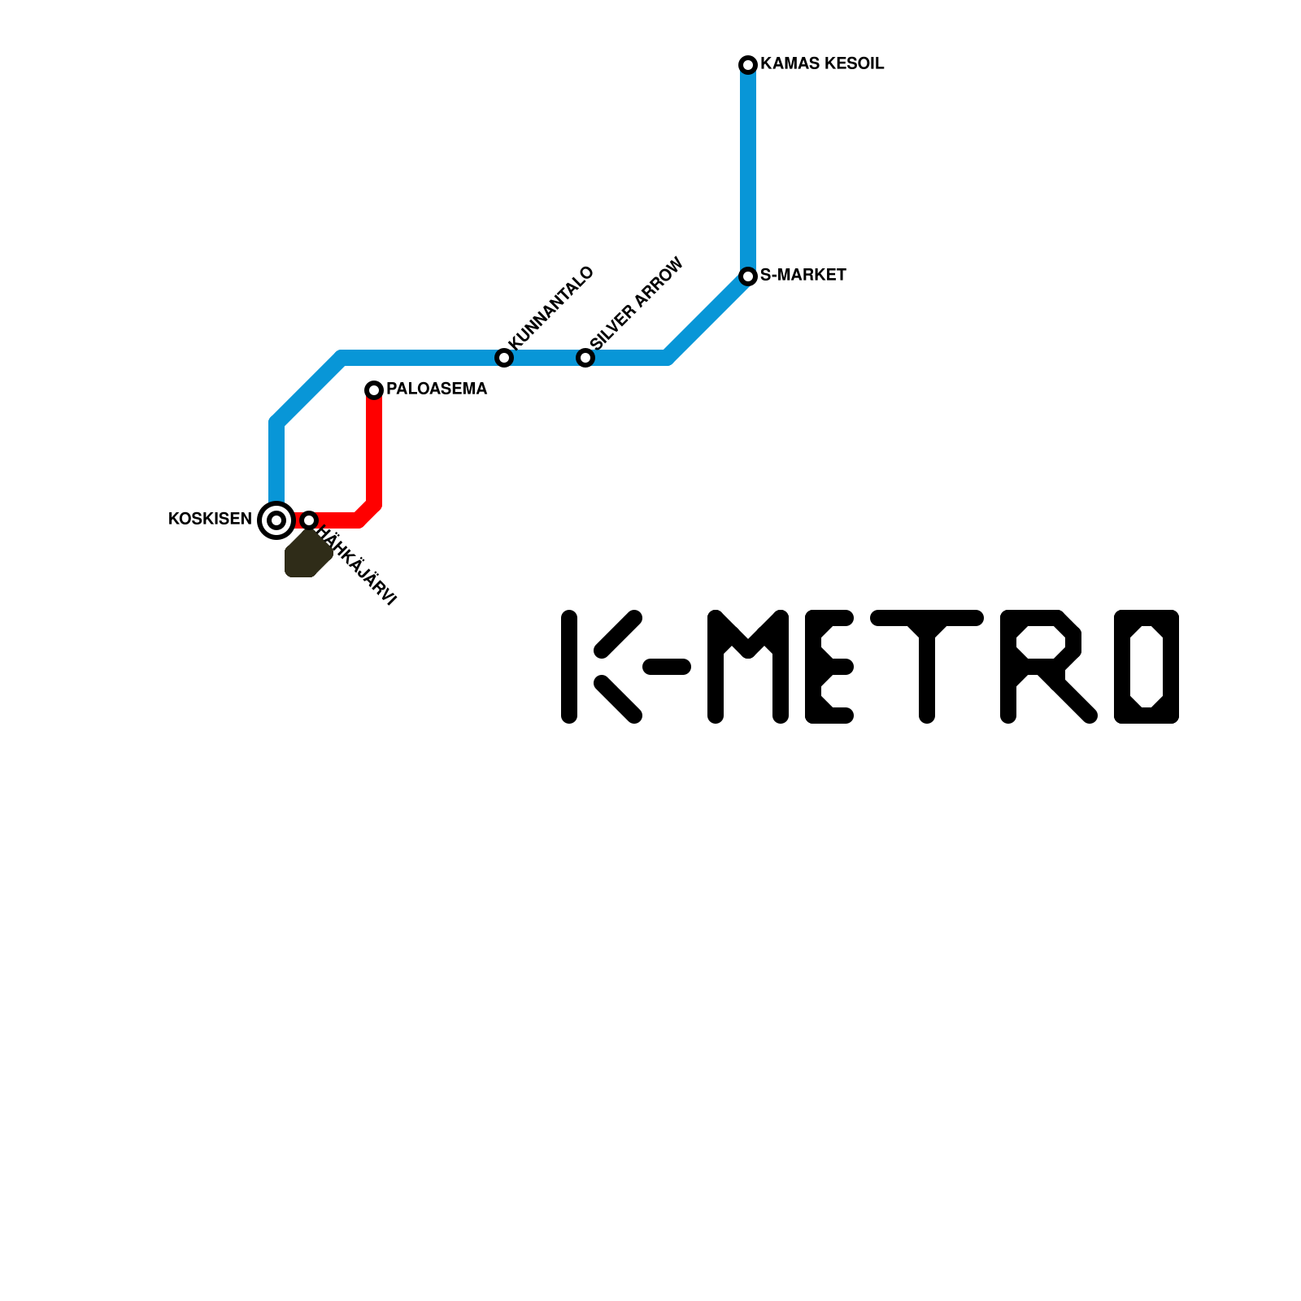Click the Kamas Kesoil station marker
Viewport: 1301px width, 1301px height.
(748, 64)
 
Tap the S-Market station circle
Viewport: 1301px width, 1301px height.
(748, 276)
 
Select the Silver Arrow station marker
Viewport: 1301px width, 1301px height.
(585, 358)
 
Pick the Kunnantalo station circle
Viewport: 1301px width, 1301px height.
(504, 358)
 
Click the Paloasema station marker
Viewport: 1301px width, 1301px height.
(374, 390)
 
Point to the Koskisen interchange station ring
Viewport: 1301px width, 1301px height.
(276, 520)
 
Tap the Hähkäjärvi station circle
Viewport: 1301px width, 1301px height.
(309, 520)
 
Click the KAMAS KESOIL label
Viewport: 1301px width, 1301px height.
(822, 64)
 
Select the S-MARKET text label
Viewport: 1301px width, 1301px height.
(803, 276)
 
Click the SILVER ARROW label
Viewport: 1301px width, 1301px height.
(637, 304)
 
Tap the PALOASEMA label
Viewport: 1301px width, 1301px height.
(437, 389)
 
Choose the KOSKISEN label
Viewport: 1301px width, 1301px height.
(210, 520)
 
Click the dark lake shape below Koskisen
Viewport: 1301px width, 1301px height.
(306, 557)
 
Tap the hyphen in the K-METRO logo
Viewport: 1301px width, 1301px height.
(667, 668)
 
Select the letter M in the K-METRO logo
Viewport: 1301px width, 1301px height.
(748, 667)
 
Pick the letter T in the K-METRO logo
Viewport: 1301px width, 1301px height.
(927, 667)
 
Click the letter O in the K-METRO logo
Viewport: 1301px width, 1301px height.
(1147, 667)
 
